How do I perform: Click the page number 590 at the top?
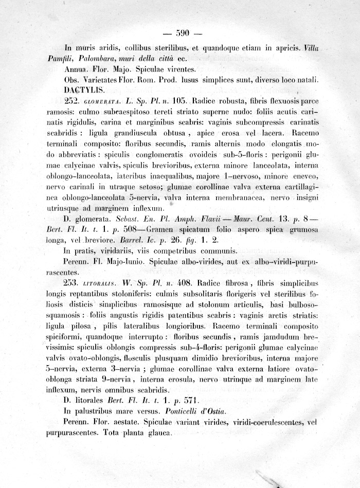pos(183,34)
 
